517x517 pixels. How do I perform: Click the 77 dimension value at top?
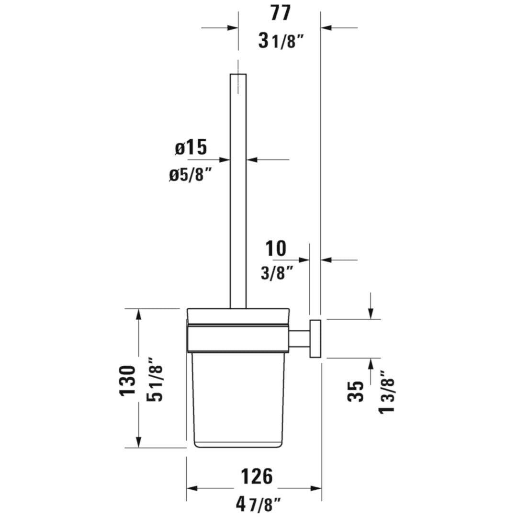point(280,13)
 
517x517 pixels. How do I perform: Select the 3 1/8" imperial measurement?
point(281,41)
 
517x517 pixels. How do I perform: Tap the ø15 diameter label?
point(191,148)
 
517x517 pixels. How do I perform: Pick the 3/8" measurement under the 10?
point(277,273)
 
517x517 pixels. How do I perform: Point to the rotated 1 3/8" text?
point(387,393)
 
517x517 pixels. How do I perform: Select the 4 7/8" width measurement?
point(258,503)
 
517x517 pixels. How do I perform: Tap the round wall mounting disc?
point(315,338)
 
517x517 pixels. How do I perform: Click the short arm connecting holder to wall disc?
point(299,337)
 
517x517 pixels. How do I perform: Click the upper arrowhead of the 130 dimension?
point(139,314)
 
